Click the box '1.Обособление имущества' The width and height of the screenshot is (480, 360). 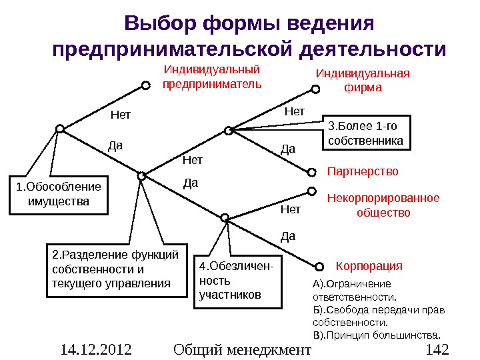59,194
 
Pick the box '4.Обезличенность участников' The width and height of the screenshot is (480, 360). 238,282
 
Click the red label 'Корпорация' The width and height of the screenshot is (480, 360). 369,266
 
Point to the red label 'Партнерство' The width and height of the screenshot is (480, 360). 363,171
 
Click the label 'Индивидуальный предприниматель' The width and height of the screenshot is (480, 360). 212,77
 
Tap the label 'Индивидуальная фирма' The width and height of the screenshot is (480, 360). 362,80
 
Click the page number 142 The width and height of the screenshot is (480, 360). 437,349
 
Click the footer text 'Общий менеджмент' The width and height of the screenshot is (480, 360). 242,349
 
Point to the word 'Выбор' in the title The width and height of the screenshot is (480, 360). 159,24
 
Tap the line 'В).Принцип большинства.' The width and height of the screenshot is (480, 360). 377,334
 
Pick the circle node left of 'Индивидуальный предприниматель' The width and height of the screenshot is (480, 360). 145,85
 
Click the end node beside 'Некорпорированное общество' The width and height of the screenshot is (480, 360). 312,191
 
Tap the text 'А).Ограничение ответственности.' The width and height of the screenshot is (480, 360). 354,290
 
